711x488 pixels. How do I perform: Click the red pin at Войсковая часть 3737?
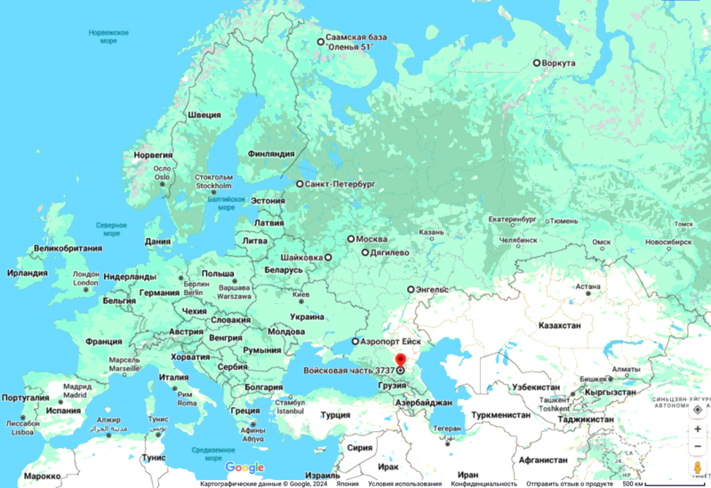point(400,360)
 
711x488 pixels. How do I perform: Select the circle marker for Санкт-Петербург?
point(300,184)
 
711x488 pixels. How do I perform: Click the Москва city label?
point(371,239)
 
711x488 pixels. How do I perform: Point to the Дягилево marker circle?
point(364,252)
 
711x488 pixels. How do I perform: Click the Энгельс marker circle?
point(411,290)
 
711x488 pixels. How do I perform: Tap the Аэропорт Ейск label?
point(392,341)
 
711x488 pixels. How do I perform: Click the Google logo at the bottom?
point(244,468)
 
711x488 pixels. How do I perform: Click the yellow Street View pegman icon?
point(697,468)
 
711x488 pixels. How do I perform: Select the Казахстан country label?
point(560,326)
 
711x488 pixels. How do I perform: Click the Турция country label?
point(335,415)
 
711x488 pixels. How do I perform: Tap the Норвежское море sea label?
point(108,36)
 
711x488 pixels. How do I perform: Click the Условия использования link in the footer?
point(405,484)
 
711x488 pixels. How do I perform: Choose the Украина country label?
point(308,316)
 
